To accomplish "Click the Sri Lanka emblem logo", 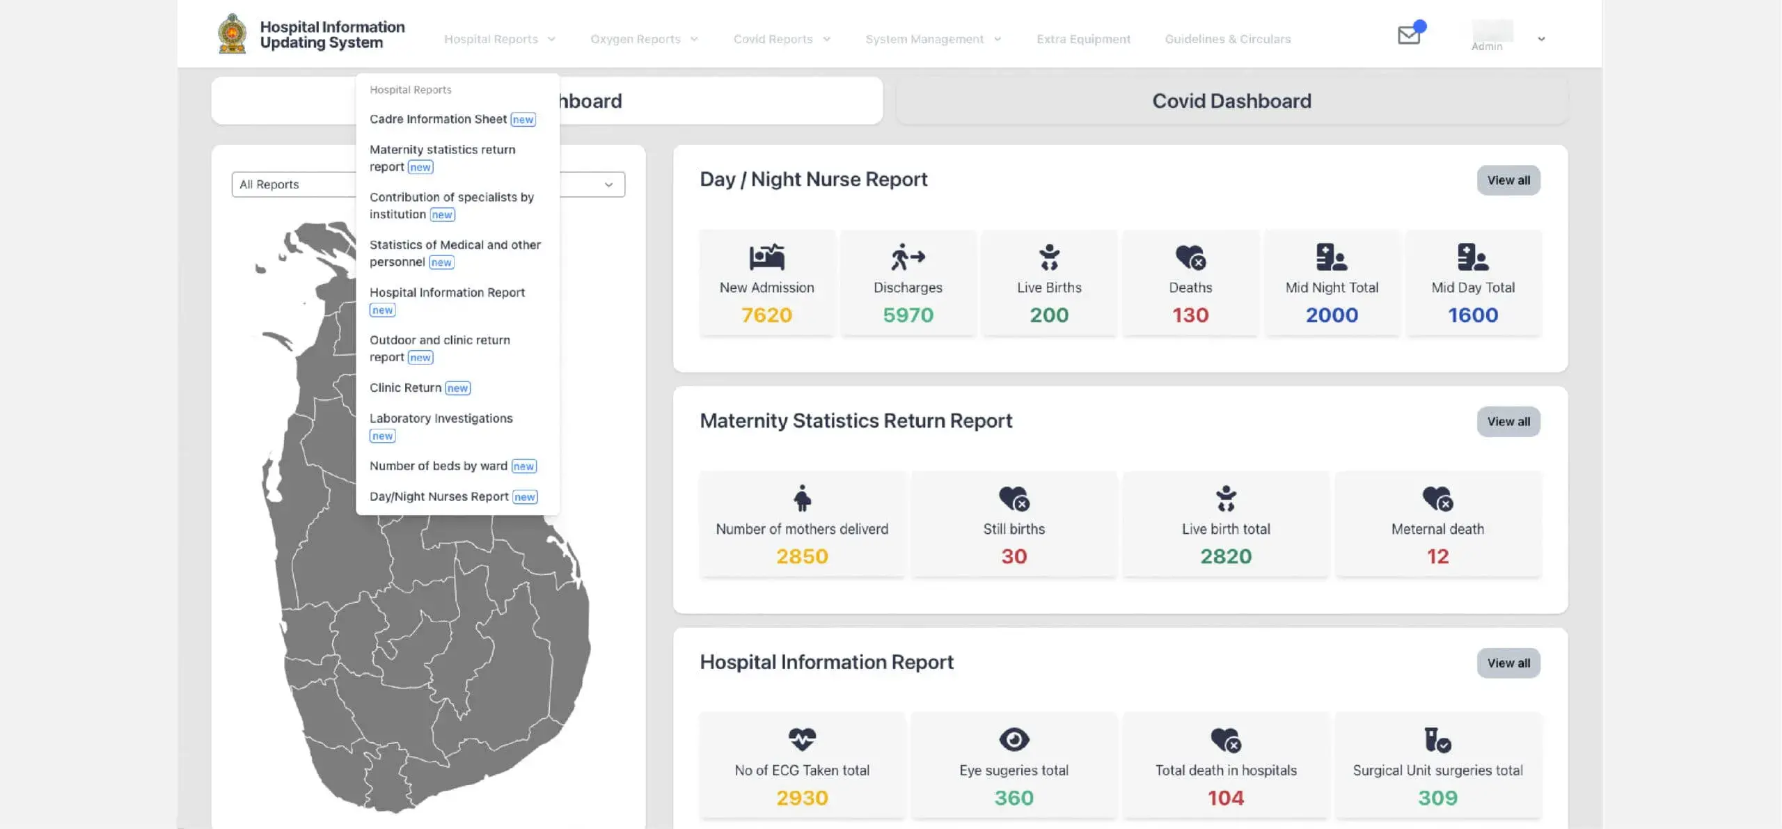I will (232, 33).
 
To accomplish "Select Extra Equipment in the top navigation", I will (1083, 39).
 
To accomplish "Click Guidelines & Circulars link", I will (1227, 39).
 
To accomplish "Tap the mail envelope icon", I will (1409, 35).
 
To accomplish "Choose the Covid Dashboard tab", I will (1231, 101).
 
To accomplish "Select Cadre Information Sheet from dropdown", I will (438, 119).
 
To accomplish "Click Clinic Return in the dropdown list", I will (405, 388).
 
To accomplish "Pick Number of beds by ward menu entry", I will (438, 466).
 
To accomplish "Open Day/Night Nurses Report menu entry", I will (439, 496).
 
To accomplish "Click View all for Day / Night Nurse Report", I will (1508, 180).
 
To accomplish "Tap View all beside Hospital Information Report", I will (1508, 663).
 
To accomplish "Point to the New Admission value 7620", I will (766, 315).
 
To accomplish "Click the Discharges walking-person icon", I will (908, 257).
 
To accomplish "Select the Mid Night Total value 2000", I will (1332, 315).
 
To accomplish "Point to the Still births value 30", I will (1014, 556).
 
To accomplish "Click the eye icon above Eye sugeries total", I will (1014, 739).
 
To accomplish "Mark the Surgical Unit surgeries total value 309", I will (1437, 798).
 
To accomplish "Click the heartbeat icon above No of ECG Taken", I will (802, 739).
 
